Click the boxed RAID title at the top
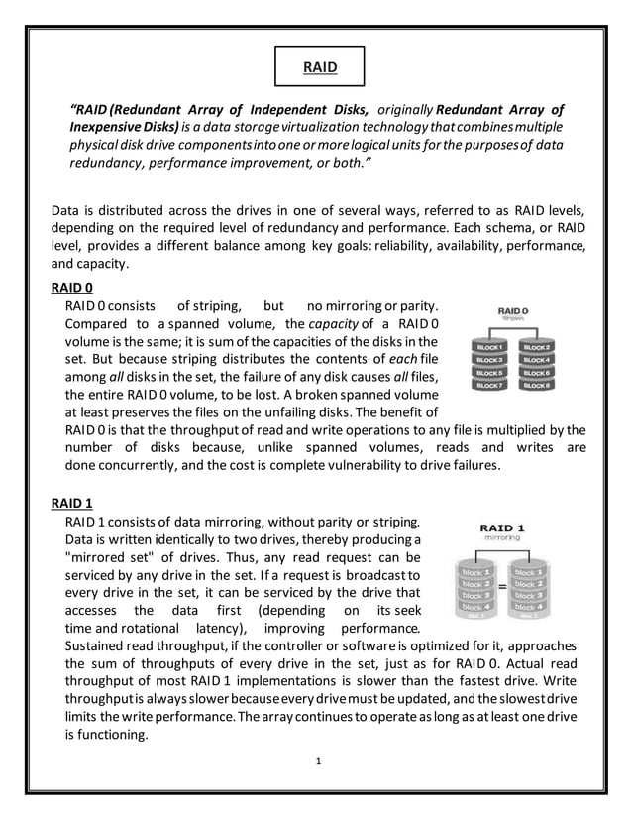[x=319, y=68]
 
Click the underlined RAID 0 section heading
[x=71, y=288]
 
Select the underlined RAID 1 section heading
[x=71, y=503]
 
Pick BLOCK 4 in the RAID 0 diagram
[x=536, y=360]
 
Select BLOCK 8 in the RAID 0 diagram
[x=536, y=385]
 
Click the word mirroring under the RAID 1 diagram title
[x=502, y=537]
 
